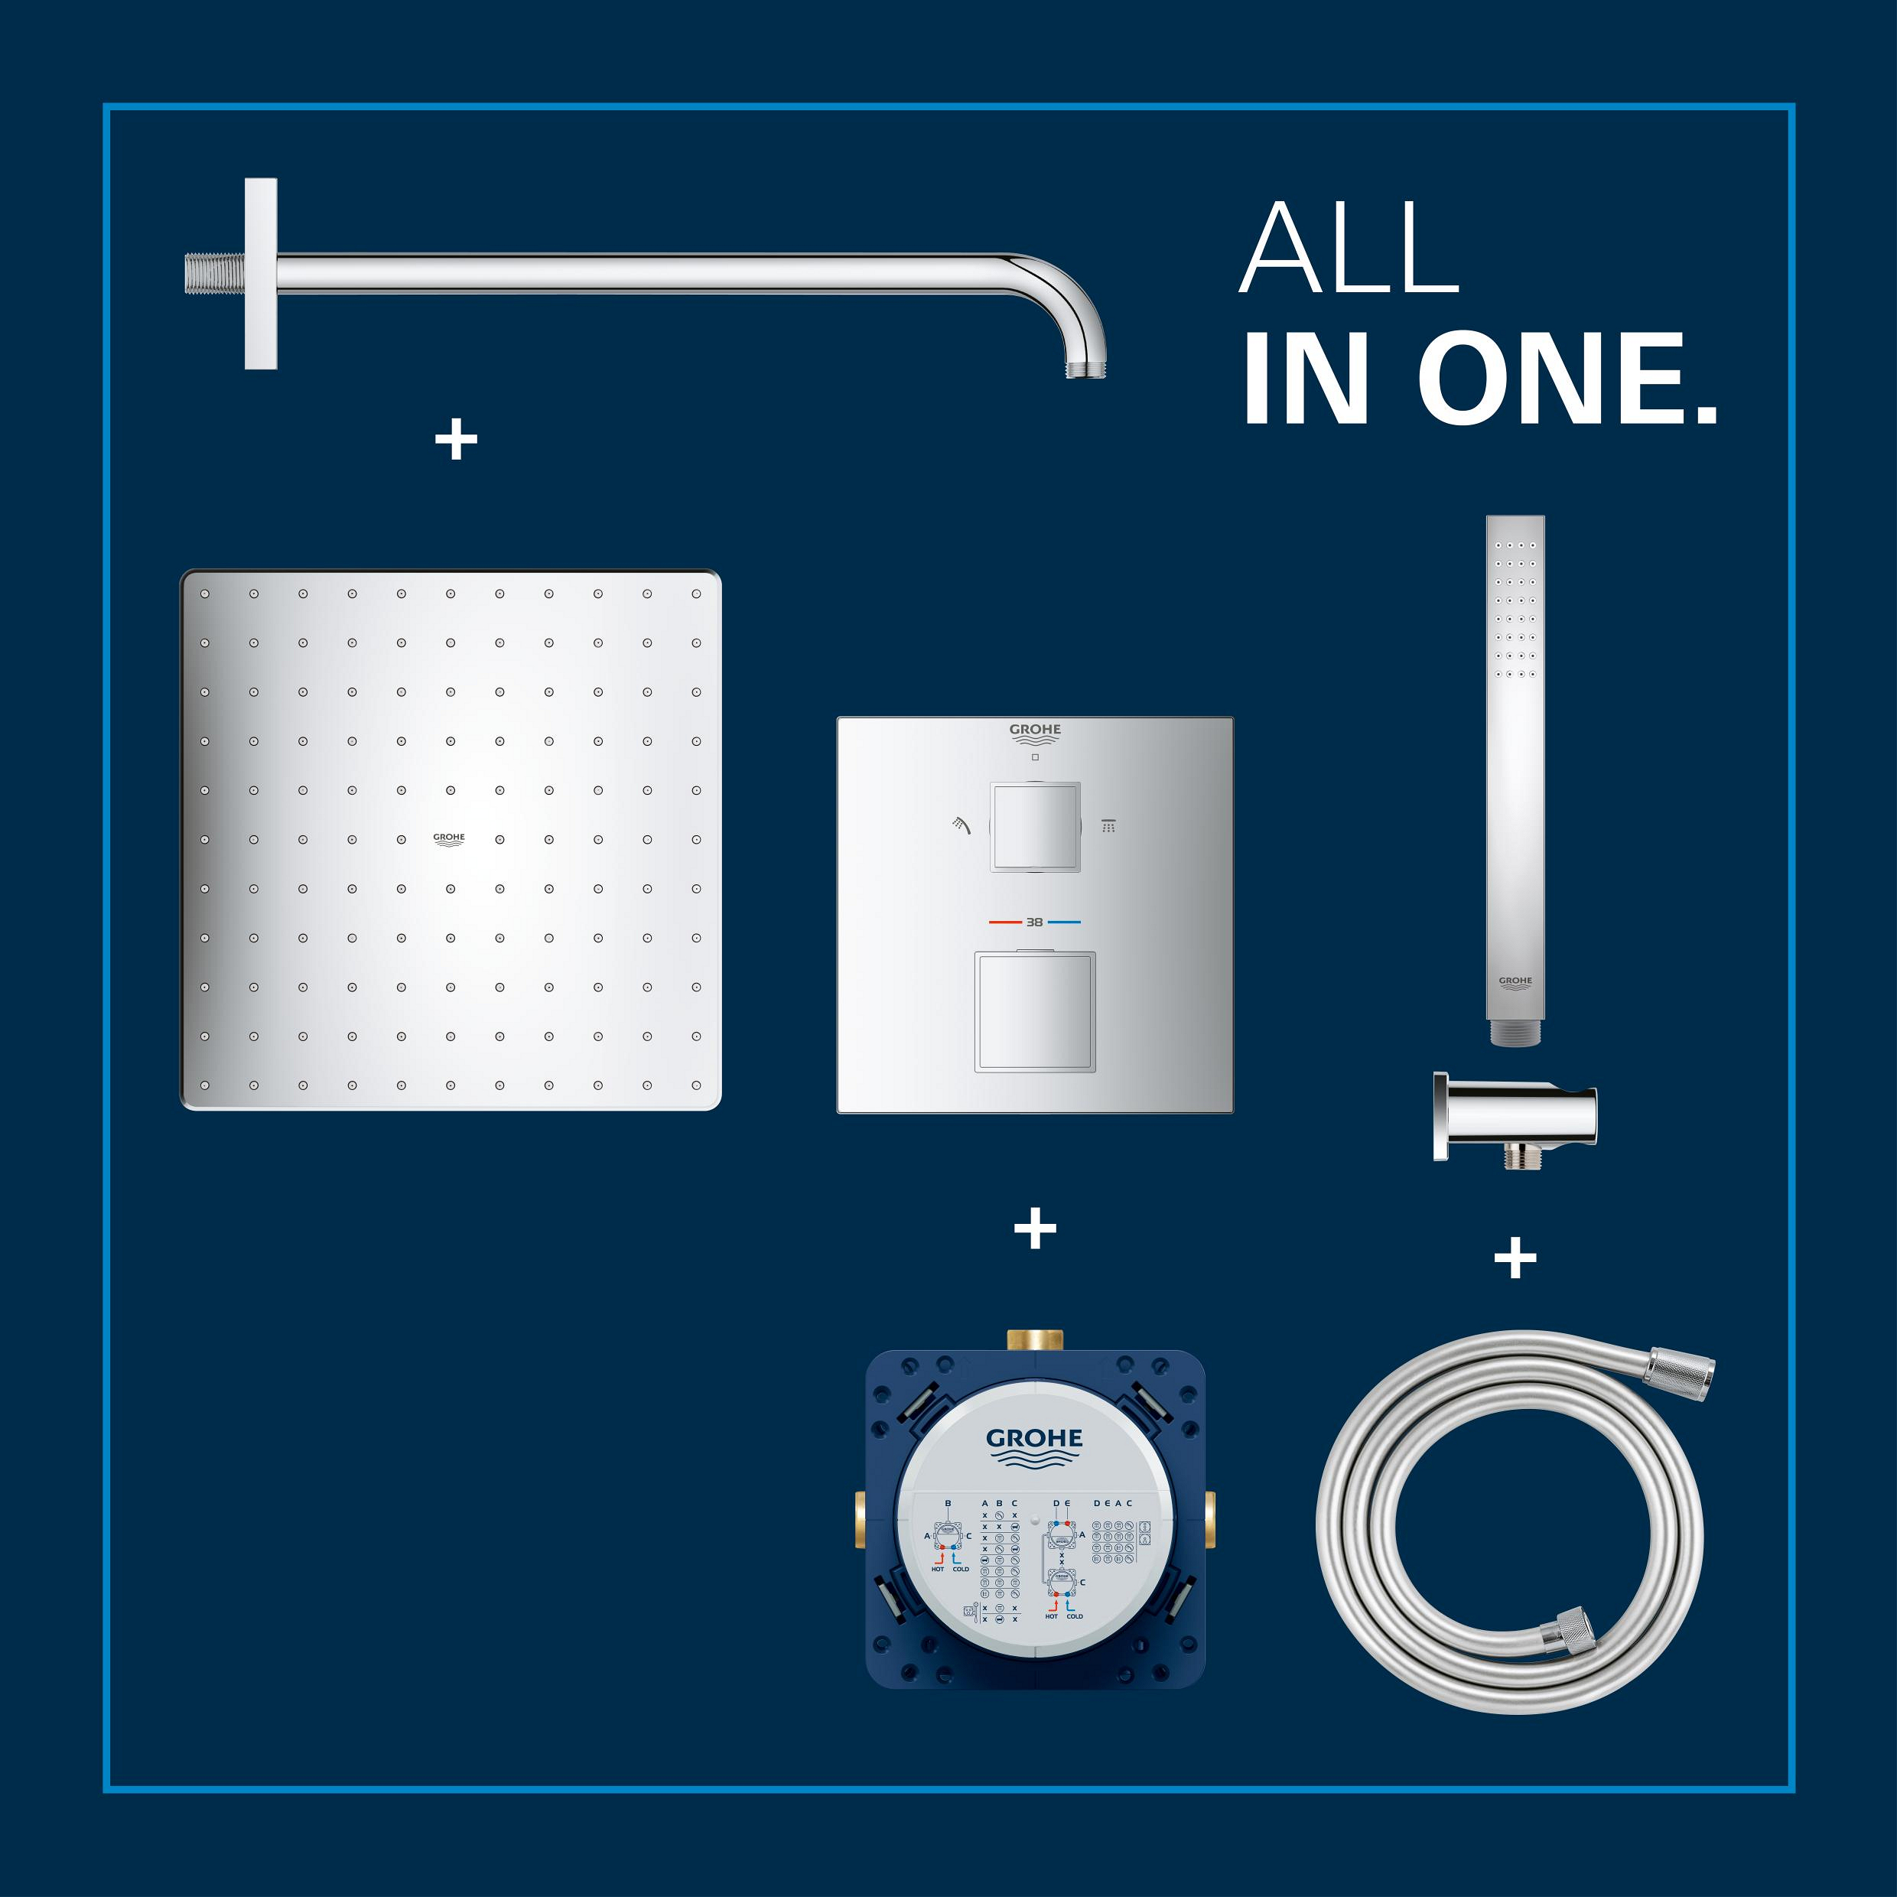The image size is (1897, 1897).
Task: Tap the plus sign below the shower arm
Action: (456, 441)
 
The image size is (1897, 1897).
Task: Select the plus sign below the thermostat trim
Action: (1035, 1229)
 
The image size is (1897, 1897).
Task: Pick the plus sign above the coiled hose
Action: (1515, 1258)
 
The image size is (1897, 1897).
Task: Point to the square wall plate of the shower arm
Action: (260, 274)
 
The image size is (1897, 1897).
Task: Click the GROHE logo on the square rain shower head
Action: (450, 838)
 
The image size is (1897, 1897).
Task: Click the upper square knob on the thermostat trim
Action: (1035, 827)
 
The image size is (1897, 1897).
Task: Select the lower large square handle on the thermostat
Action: (1035, 1011)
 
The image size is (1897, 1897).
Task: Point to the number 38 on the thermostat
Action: (1034, 922)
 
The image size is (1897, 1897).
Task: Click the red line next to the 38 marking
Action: (1004, 922)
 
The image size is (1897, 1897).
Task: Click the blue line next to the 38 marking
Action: (1064, 922)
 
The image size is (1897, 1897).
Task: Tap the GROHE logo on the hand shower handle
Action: (1515, 982)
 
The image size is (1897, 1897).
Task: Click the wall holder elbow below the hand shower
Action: (1513, 1111)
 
